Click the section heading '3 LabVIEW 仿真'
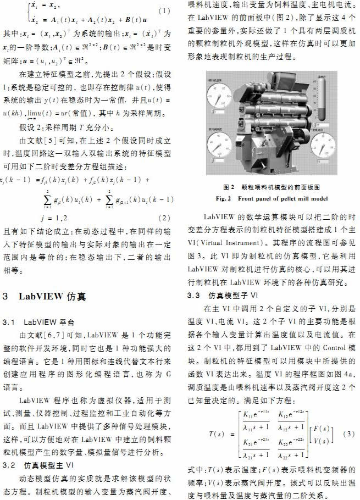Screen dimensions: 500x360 pos(43,296)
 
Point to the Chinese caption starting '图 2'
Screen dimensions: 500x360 pos(272,187)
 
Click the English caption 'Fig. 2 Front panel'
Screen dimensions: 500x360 pos(272,198)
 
